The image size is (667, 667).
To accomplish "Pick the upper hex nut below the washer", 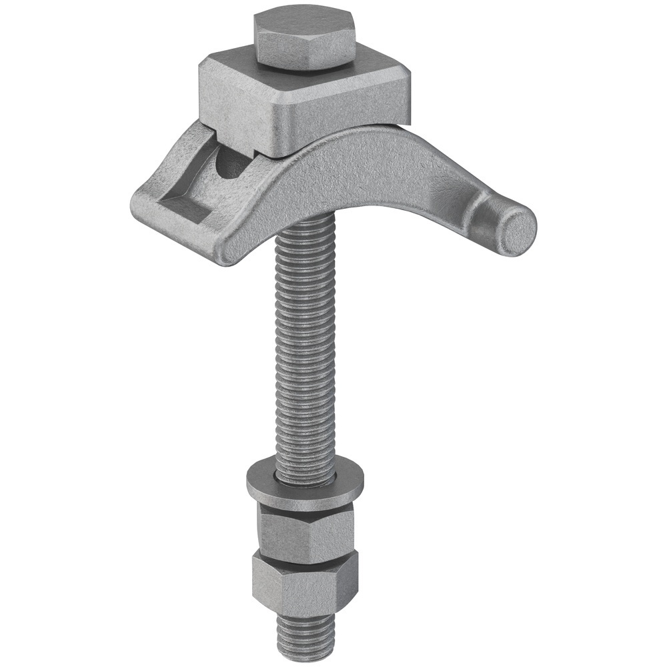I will (x=303, y=530).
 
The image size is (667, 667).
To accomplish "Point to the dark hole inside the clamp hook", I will (x=230, y=163).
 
